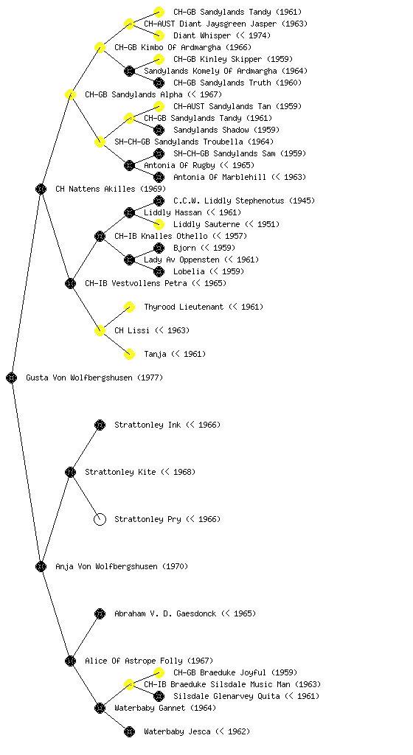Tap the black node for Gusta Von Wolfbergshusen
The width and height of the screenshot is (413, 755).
tap(12, 377)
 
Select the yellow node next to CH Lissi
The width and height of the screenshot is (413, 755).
tap(100, 330)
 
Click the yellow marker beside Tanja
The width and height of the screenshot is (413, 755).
tap(129, 354)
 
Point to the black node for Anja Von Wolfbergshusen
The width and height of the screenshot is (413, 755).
tap(41, 566)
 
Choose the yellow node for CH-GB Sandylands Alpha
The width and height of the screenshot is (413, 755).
tap(70, 94)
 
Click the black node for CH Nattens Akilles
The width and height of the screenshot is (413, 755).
tap(41, 189)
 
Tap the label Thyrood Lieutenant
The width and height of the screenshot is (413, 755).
tap(184, 307)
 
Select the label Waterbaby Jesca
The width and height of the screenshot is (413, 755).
tap(177, 731)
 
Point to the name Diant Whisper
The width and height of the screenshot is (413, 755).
tap(201, 35)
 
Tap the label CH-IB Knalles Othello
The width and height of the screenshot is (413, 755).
tap(161, 236)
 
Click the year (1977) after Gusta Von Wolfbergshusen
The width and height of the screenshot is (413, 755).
tap(150, 377)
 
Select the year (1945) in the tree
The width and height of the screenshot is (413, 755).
tap(302, 201)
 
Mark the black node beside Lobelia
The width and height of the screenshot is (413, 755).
tap(159, 271)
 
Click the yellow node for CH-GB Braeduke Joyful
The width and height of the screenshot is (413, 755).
tap(159, 672)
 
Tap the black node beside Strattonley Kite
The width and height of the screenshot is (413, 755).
tap(70, 472)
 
